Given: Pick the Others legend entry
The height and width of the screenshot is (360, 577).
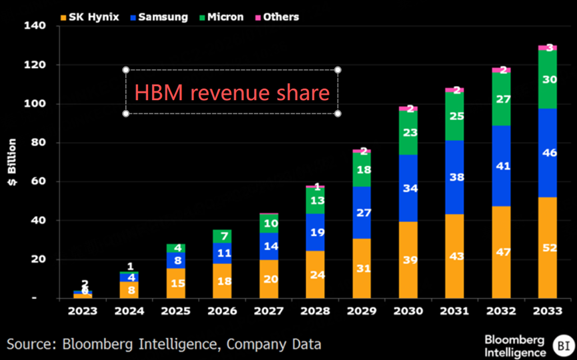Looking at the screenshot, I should click(x=276, y=17).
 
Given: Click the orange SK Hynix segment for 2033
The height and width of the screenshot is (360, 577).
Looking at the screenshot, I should click(x=548, y=247).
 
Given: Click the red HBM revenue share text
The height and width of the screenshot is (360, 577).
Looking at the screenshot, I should click(x=231, y=92).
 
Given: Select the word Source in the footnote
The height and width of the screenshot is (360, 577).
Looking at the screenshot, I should click(x=33, y=344).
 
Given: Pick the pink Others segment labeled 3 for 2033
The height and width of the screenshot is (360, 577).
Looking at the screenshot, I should click(x=548, y=47).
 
